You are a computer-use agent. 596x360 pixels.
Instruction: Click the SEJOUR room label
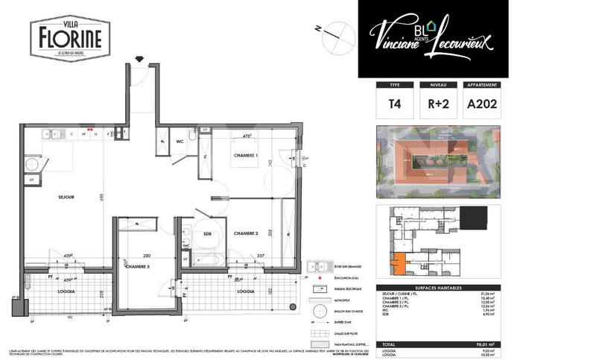(x=66, y=198)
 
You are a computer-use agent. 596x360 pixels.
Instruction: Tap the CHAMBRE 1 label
(x=245, y=155)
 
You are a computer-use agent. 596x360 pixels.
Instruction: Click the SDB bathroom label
(x=208, y=234)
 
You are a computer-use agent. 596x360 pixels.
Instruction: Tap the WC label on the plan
(x=180, y=140)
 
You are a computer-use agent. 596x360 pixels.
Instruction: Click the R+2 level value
(x=438, y=105)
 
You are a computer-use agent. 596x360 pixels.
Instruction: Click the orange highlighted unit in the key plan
(x=399, y=262)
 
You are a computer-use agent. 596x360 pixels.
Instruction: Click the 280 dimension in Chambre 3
(x=148, y=255)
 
